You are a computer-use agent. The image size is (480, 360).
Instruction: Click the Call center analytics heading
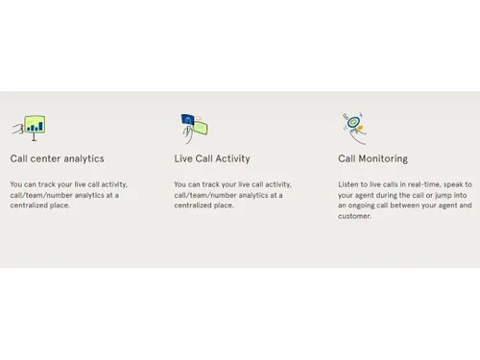click(x=57, y=158)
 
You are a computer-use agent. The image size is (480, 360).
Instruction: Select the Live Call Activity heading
click(x=211, y=158)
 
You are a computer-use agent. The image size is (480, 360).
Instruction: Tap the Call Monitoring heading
click(x=372, y=158)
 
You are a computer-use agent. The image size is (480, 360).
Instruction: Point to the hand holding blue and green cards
click(x=194, y=128)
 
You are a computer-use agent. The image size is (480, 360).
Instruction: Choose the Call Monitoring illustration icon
click(x=355, y=127)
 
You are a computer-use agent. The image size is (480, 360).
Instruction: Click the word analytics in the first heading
click(x=84, y=158)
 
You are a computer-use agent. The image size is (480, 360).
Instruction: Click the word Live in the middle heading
click(x=183, y=158)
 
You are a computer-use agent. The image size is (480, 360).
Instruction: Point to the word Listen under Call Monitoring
click(x=349, y=184)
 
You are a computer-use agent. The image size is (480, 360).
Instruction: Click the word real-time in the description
click(x=423, y=184)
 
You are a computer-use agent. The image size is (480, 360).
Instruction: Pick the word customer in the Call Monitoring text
click(x=354, y=216)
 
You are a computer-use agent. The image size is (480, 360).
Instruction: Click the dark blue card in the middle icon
click(x=189, y=121)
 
